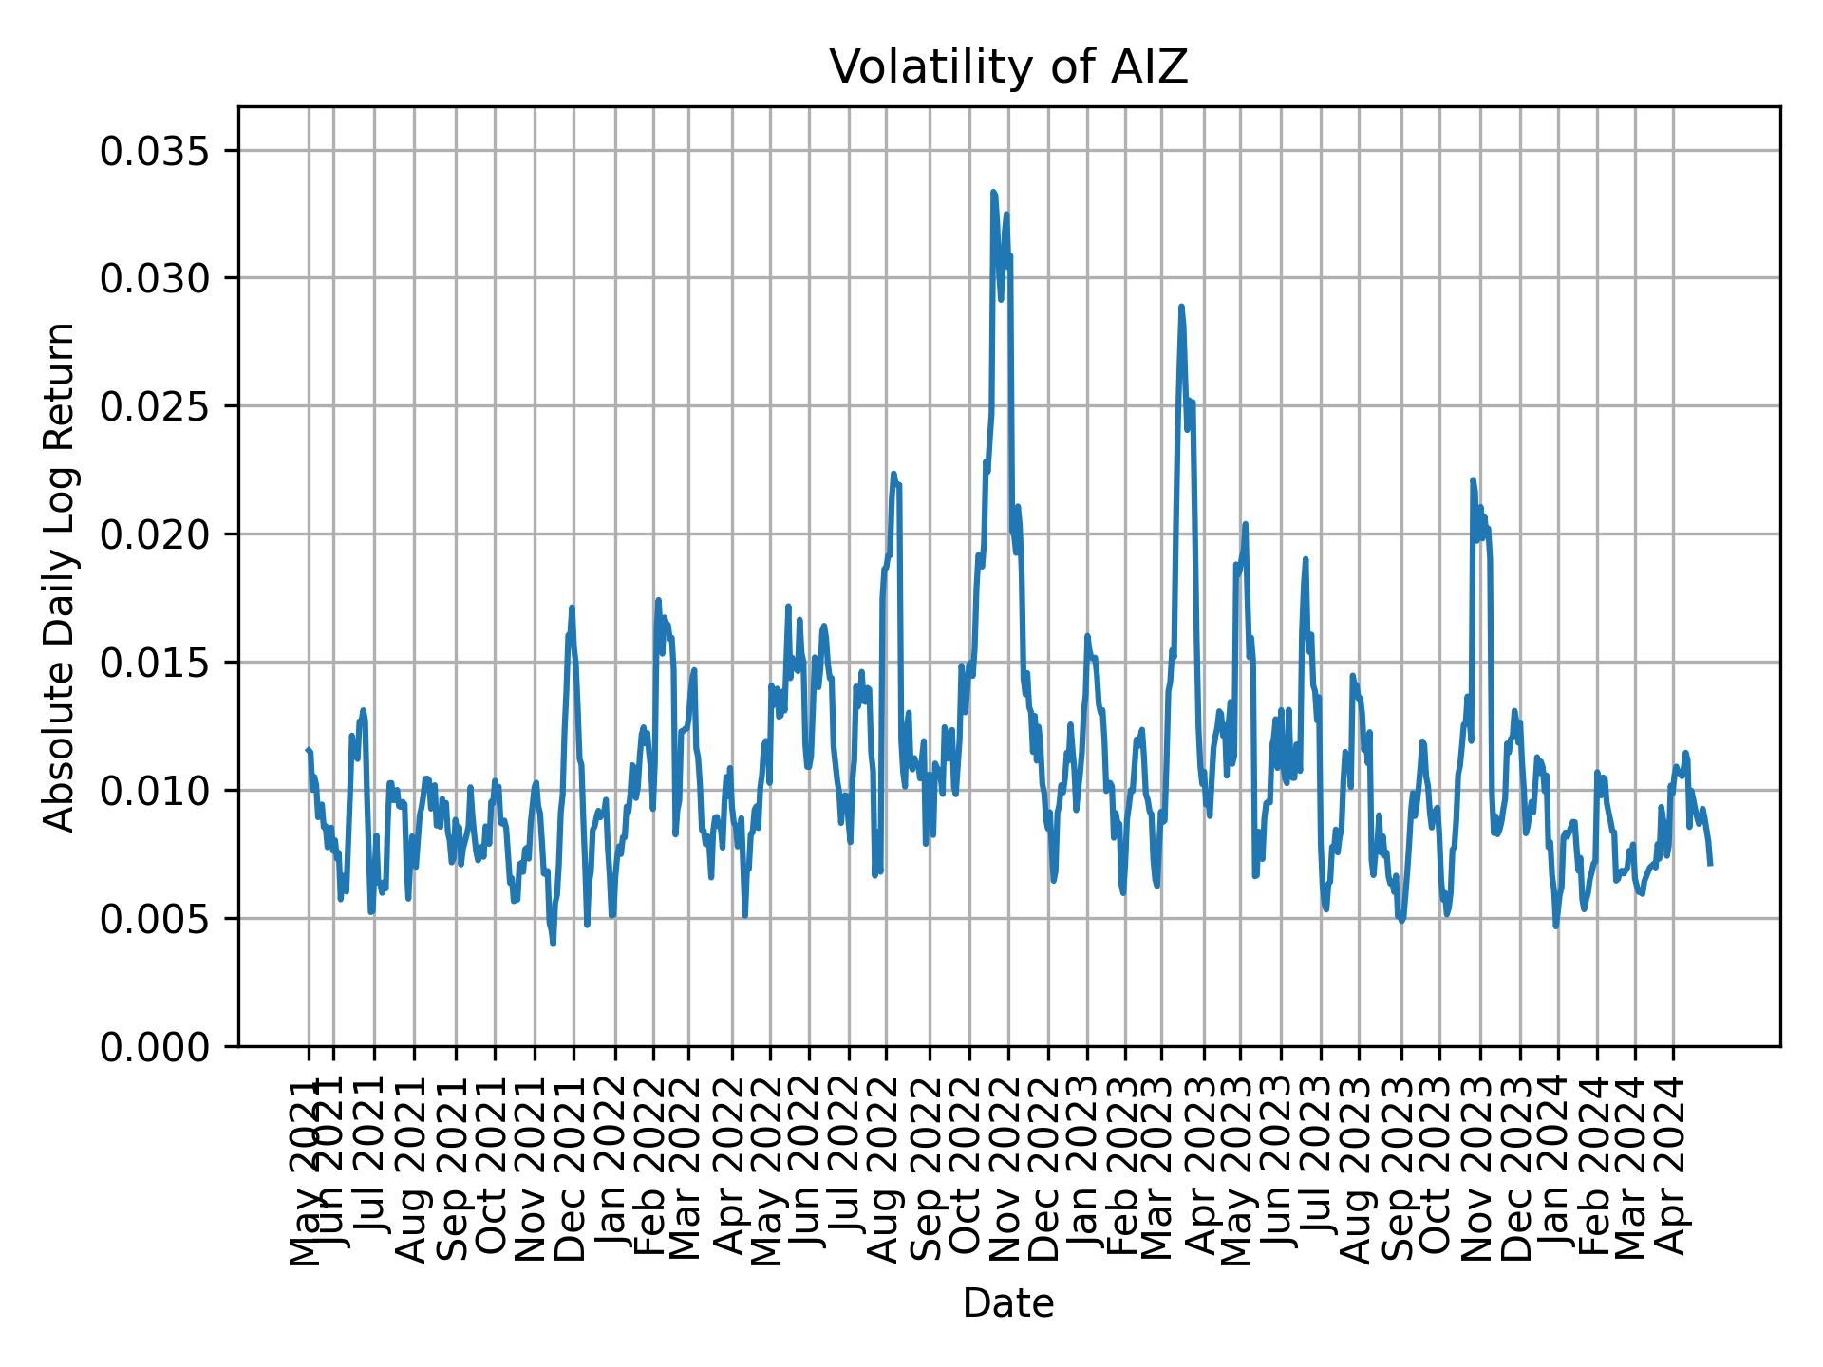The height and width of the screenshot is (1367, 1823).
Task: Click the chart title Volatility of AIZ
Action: [x=1008, y=67]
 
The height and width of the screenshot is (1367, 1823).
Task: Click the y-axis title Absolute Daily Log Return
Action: [x=61, y=576]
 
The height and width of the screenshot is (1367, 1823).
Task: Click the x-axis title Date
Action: [x=1008, y=1303]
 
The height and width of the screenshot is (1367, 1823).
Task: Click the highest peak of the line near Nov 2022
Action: [x=993, y=193]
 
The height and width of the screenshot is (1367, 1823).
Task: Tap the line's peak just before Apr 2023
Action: [x=1181, y=307]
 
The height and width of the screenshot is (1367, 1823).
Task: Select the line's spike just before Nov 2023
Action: [x=1473, y=480]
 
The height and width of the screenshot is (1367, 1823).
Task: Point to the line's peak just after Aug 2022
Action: [x=893, y=474]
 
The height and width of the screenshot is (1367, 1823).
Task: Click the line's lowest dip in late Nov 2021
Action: [x=553, y=944]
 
